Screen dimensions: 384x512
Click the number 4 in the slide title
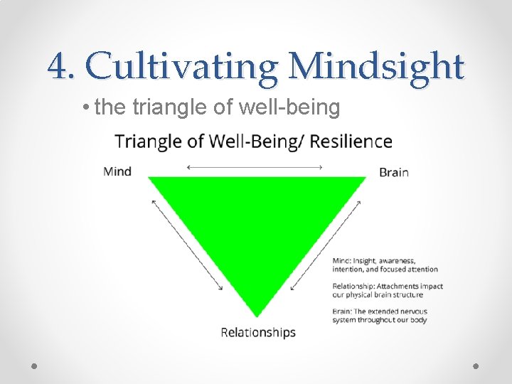point(59,68)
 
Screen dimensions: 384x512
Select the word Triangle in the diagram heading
point(146,142)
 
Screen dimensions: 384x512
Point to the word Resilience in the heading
point(353,142)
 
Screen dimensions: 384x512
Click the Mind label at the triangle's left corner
point(117,171)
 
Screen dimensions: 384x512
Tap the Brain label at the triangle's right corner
point(394,172)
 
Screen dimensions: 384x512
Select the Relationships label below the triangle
point(258,332)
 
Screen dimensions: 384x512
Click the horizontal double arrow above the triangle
point(255,167)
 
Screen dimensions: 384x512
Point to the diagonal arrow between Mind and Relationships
point(187,244)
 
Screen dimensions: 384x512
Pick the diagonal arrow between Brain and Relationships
point(327,244)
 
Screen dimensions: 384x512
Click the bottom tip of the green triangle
point(257,315)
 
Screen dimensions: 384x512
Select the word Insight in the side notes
point(368,261)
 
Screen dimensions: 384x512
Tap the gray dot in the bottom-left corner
point(35,366)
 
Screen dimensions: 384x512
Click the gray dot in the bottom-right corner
point(476,366)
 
